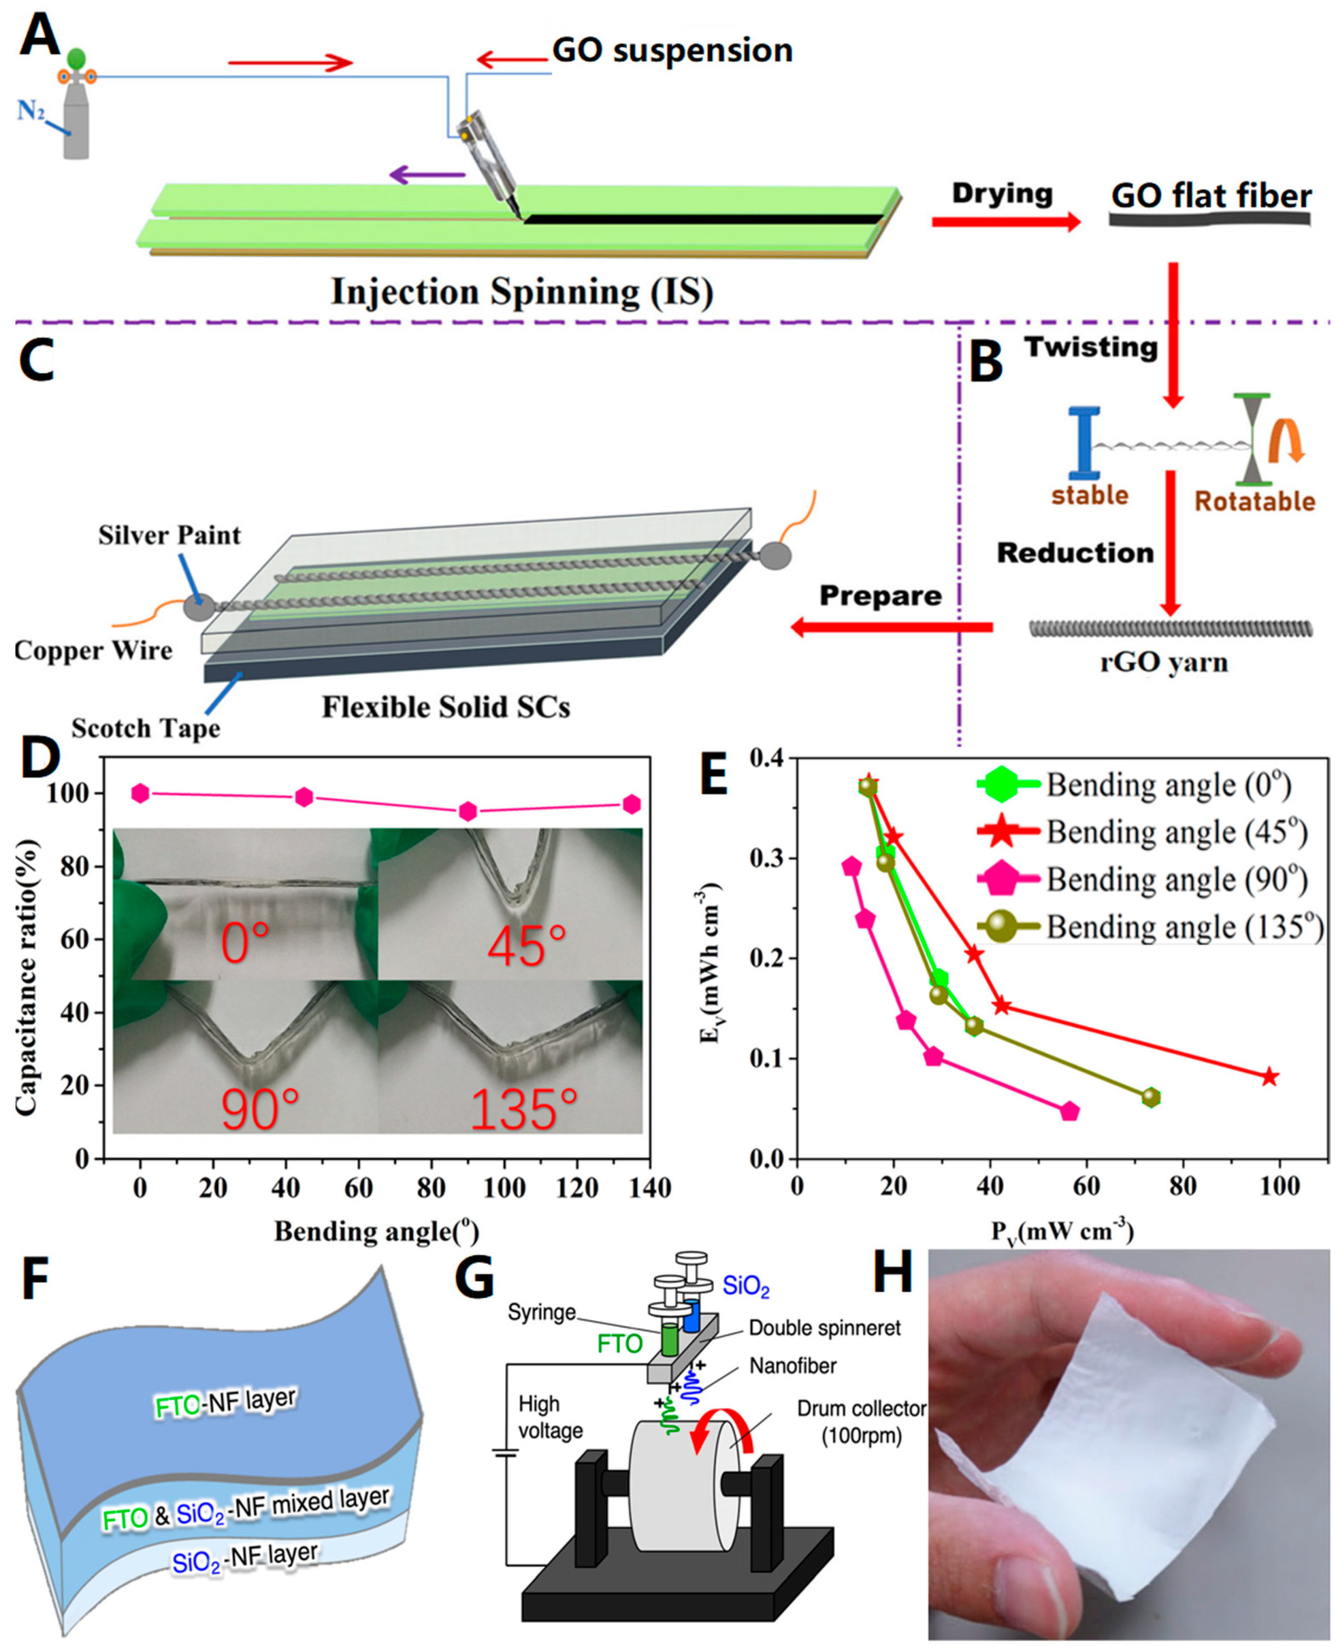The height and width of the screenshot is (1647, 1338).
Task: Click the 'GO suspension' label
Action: (672, 51)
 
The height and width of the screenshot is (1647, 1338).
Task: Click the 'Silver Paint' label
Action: (170, 535)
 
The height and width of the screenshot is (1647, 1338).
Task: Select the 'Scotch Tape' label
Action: (146, 729)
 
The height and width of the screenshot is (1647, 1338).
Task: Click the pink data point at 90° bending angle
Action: (468, 811)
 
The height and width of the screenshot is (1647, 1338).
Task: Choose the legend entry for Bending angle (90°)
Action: (1141, 880)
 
